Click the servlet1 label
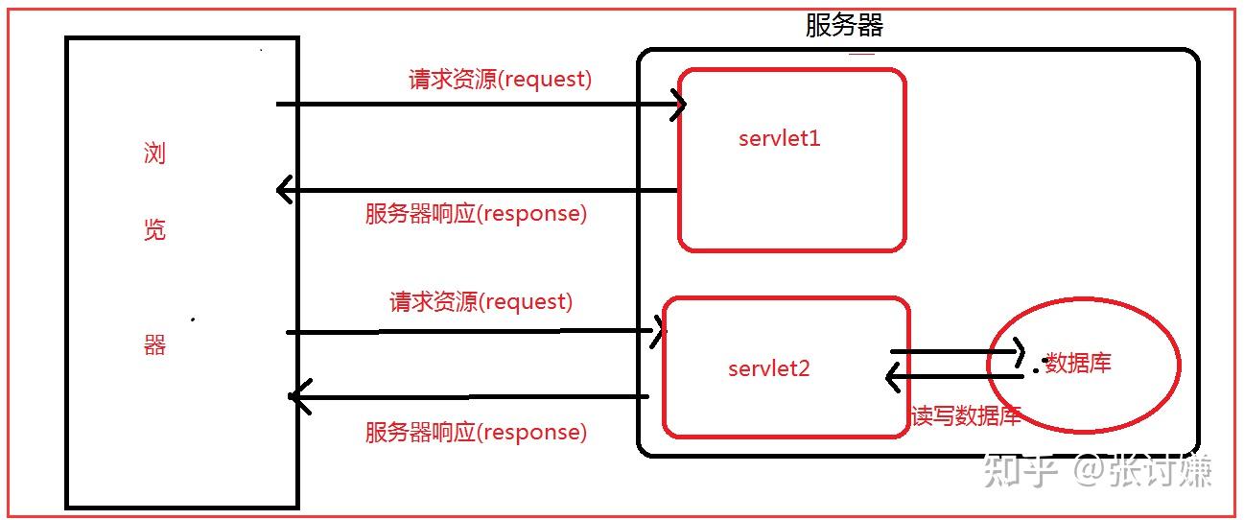coord(779,138)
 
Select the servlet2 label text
coord(768,368)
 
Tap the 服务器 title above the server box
coord(844,26)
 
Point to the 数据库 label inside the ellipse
coord(1078,363)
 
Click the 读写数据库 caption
coord(966,415)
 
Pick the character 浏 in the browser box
coord(154,153)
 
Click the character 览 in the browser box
coord(154,229)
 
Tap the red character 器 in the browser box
coord(154,344)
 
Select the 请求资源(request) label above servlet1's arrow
coord(500,80)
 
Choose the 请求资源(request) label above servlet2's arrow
coord(481,302)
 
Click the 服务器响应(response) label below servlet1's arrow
coord(476,214)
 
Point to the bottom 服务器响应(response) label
coord(476,433)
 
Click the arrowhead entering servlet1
coord(680,104)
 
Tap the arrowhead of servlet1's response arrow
coord(283,190)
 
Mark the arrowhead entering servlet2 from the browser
coord(659,331)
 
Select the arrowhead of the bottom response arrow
coord(299,396)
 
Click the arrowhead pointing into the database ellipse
coord(1019,352)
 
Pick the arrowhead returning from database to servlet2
coord(892,377)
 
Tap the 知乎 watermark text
coord(1021,471)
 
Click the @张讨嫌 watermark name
coord(1142,471)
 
